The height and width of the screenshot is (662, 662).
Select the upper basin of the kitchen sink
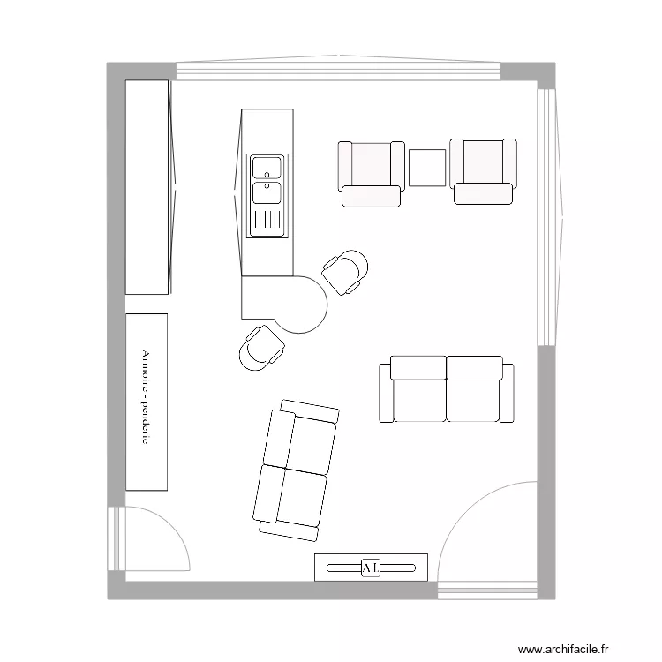tap(266, 167)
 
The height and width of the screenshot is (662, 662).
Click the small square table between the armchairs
tap(427, 168)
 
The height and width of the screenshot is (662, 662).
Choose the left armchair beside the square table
tap(371, 172)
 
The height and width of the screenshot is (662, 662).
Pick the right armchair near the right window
tap(483, 170)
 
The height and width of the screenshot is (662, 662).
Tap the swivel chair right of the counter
tap(345, 270)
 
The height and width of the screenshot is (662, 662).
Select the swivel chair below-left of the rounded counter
tap(261, 347)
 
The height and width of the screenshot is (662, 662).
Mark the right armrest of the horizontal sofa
tap(507, 392)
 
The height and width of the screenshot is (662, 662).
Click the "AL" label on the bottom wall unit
tap(371, 568)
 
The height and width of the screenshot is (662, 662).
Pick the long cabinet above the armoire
tap(147, 186)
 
